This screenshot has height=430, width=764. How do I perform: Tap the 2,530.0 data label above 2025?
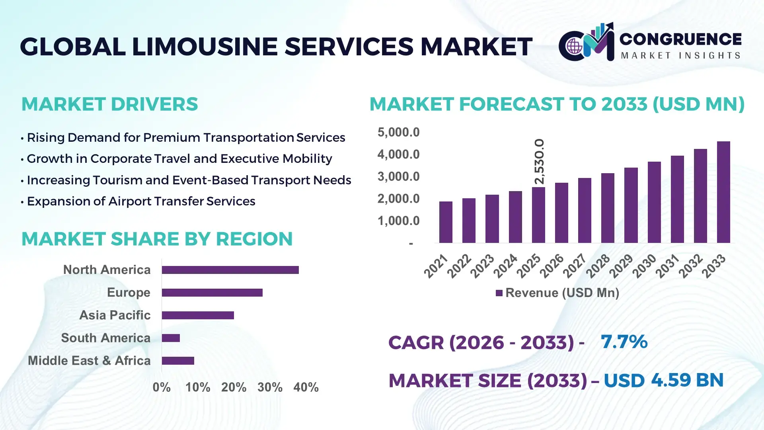click(539, 162)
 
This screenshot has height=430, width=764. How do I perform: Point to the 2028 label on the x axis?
click(598, 266)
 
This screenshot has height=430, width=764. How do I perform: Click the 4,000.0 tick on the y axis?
click(398, 154)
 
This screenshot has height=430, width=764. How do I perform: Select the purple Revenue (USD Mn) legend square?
click(499, 293)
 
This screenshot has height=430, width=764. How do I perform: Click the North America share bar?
click(230, 270)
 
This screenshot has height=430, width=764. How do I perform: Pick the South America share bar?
click(171, 338)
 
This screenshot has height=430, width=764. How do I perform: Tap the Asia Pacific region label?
click(115, 315)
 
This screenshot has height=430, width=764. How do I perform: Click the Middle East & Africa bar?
click(178, 361)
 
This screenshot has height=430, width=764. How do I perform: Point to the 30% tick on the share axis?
click(270, 387)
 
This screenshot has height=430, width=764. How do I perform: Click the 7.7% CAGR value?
click(624, 342)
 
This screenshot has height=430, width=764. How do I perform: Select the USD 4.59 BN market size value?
click(663, 380)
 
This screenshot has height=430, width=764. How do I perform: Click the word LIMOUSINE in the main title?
click(205, 47)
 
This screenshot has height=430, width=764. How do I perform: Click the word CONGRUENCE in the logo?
click(680, 39)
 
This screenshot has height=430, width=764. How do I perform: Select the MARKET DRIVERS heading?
click(109, 104)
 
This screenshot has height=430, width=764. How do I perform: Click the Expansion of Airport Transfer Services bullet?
click(141, 201)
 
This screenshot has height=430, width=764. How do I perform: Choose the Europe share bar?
click(212, 293)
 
